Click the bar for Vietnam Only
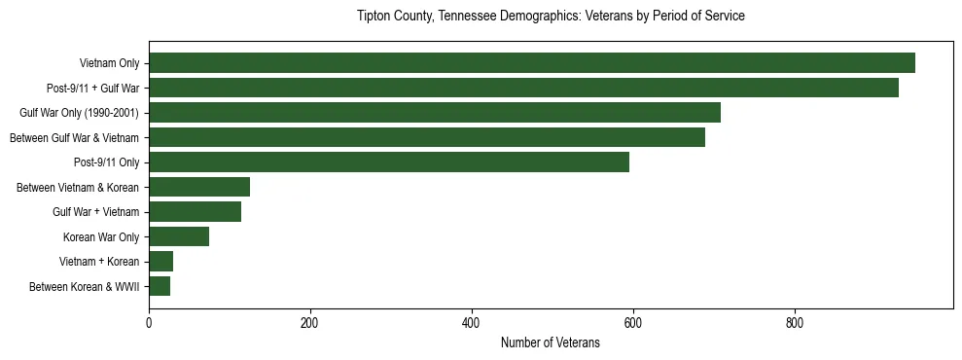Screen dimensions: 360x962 pyautogui.click(x=531, y=63)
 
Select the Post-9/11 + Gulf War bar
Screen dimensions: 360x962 pyautogui.click(x=523, y=88)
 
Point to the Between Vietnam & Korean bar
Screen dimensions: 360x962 pyautogui.click(x=199, y=187)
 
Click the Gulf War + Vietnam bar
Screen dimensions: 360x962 pyautogui.click(x=195, y=211)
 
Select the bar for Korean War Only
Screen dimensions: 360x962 pyautogui.click(x=179, y=236)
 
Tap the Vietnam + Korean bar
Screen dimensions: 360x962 pyautogui.click(x=160, y=261)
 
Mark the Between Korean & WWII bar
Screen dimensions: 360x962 pyautogui.click(x=160, y=286)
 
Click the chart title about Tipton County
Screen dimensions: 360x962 pyautogui.click(x=551, y=17)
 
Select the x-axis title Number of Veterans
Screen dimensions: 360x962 pyautogui.click(x=551, y=342)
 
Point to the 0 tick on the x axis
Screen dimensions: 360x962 pyautogui.click(x=149, y=322)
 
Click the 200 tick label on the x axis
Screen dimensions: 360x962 pyautogui.click(x=310, y=322)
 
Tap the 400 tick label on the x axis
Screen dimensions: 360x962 pyautogui.click(x=472, y=322)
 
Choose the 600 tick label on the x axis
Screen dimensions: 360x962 pyautogui.click(x=633, y=322)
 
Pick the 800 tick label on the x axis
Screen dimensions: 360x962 pyautogui.click(x=795, y=322)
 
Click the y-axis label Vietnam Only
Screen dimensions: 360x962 pyautogui.click(x=109, y=63)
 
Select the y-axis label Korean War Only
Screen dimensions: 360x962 pyautogui.click(x=101, y=236)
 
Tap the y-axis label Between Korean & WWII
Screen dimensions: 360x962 pyautogui.click(x=85, y=286)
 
